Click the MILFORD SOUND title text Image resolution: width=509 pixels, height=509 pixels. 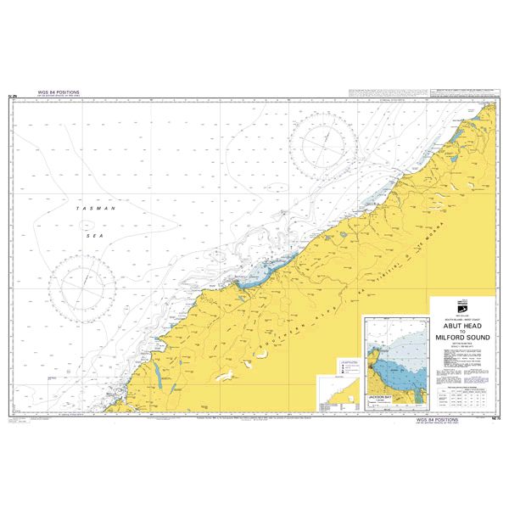[462, 342]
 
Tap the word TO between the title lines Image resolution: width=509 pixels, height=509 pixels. [462, 335]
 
